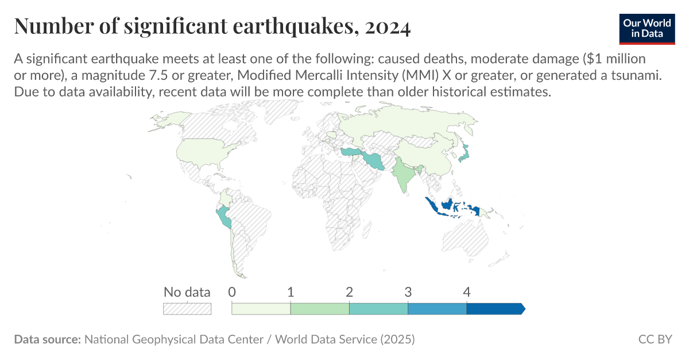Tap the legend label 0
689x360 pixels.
tap(232, 292)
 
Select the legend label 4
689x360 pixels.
tap(467, 292)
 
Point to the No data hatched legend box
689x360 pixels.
tap(187, 308)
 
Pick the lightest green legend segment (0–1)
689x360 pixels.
tap(261, 308)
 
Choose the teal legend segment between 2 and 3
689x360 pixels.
tap(378, 308)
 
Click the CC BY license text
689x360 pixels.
tap(655, 339)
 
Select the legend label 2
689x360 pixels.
tap(350, 292)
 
